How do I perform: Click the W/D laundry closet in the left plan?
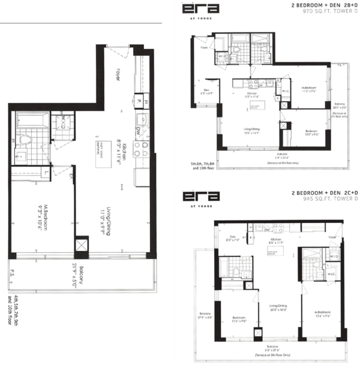[61, 123]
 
